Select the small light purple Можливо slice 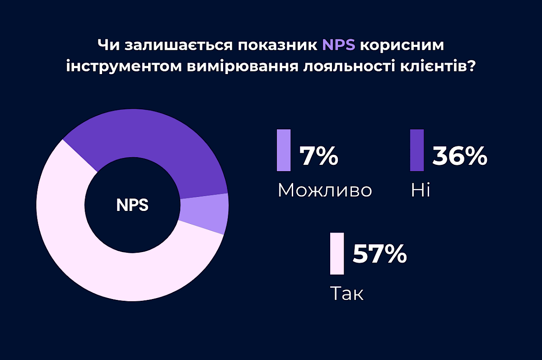[x=204, y=213]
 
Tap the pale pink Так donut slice [x=90, y=253]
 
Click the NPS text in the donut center [x=132, y=205]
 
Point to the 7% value [x=319, y=156]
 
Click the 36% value [x=460, y=156]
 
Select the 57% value [x=379, y=254]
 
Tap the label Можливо [x=325, y=190]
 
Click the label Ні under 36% [x=420, y=190]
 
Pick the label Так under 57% [x=347, y=294]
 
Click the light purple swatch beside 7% [x=284, y=150]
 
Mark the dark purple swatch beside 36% [x=417, y=150]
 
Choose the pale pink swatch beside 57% [x=337, y=253]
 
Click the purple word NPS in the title [x=339, y=46]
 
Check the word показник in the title [x=278, y=46]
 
